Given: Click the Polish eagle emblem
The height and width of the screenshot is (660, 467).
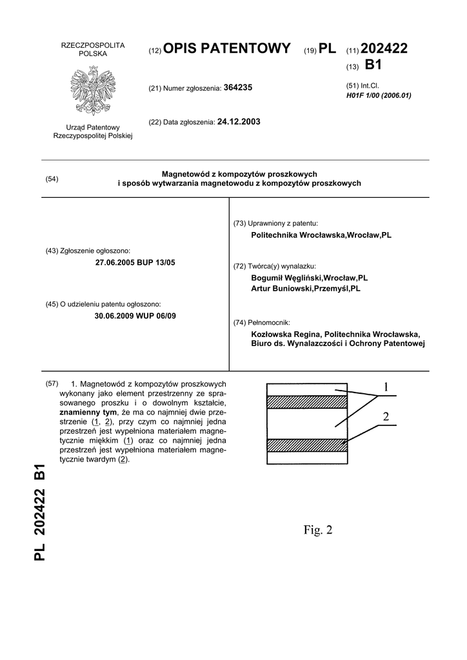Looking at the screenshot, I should click(x=93, y=91).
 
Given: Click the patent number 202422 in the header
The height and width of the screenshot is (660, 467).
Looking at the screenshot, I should click(x=384, y=48).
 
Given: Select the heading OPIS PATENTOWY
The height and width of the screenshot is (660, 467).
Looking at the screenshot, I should click(x=227, y=48).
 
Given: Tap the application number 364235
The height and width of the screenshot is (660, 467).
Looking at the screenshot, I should click(x=237, y=87).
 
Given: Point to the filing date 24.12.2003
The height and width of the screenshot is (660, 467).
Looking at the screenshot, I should click(x=239, y=121).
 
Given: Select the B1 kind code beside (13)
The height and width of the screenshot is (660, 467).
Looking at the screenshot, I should click(x=373, y=65).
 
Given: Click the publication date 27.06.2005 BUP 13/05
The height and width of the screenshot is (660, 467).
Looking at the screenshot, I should click(x=135, y=262).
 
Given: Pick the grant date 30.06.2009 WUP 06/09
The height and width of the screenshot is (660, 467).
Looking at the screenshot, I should click(x=135, y=316).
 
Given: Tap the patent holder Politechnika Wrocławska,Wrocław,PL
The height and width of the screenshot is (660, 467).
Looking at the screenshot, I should click(x=321, y=235).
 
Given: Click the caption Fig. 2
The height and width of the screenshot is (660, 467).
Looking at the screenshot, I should click(x=318, y=530).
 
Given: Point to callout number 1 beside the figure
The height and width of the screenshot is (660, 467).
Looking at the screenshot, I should click(x=386, y=387).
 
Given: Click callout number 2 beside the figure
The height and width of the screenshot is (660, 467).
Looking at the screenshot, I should click(x=386, y=417).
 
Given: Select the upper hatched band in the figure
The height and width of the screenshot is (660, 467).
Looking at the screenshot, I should click(x=307, y=402).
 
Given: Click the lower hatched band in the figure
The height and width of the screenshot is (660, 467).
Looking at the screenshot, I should click(x=307, y=445).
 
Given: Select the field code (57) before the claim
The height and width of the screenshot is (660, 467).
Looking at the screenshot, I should click(x=52, y=384).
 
